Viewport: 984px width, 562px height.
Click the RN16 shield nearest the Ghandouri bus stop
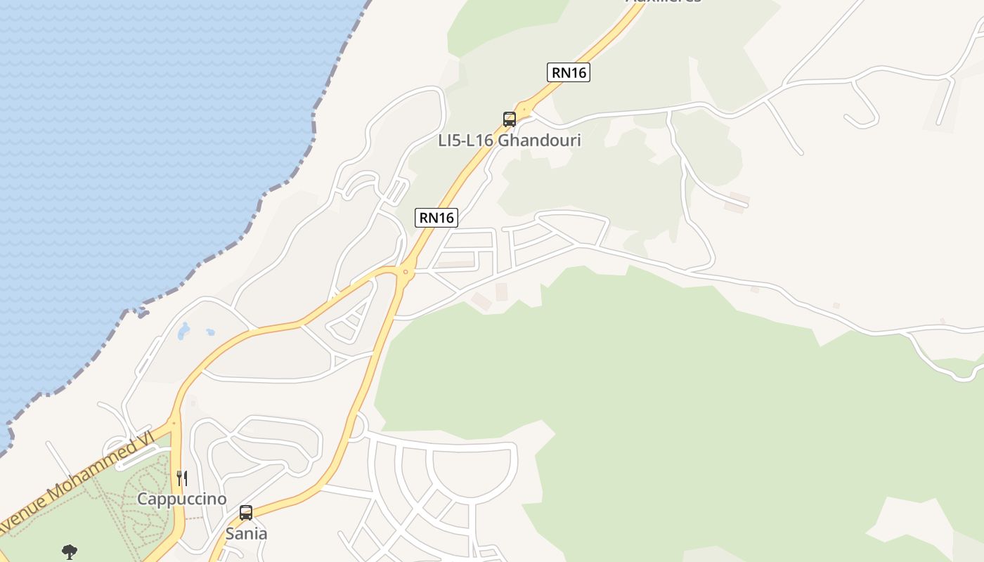click(568, 72)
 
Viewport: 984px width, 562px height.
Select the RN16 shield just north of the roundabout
click(436, 218)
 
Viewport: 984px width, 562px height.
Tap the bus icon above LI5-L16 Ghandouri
click(510, 119)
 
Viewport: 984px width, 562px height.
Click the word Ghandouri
click(539, 140)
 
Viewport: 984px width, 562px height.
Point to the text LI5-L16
click(465, 140)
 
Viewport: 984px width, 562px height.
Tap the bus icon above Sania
click(246, 513)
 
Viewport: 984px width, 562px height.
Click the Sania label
click(246, 534)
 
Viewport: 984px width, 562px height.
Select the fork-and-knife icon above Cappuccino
click(182, 478)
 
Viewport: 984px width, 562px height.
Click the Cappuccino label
click(182, 499)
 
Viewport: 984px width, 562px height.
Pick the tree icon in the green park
click(69, 552)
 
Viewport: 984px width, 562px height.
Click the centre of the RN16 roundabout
click(405, 272)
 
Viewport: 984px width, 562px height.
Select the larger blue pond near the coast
click(183, 331)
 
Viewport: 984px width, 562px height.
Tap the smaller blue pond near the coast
click(209, 332)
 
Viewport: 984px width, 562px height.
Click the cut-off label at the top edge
click(663, 2)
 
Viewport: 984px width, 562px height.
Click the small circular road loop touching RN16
click(358, 426)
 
